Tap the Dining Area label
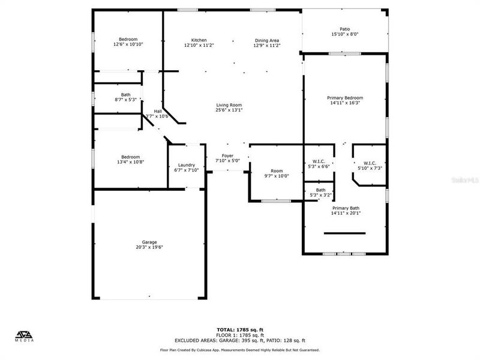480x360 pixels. tap(266, 40)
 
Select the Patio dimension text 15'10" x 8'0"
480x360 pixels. tap(344, 34)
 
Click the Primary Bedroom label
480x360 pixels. tap(344, 98)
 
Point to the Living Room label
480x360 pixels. tap(229, 105)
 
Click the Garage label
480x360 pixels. tap(149, 242)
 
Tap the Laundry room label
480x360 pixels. tap(186, 165)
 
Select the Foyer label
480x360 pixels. tap(227, 155)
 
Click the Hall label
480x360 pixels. tap(158, 111)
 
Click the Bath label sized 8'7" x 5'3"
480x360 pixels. tap(125, 94)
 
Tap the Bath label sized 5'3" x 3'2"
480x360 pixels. tap(321, 190)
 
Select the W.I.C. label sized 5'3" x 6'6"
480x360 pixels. tap(318, 161)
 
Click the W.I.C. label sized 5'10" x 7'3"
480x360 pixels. tap(369, 163)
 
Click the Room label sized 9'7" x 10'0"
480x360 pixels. tap(277, 170)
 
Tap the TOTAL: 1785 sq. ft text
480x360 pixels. tap(239, 329)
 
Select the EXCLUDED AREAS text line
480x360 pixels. tap(239, 340)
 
